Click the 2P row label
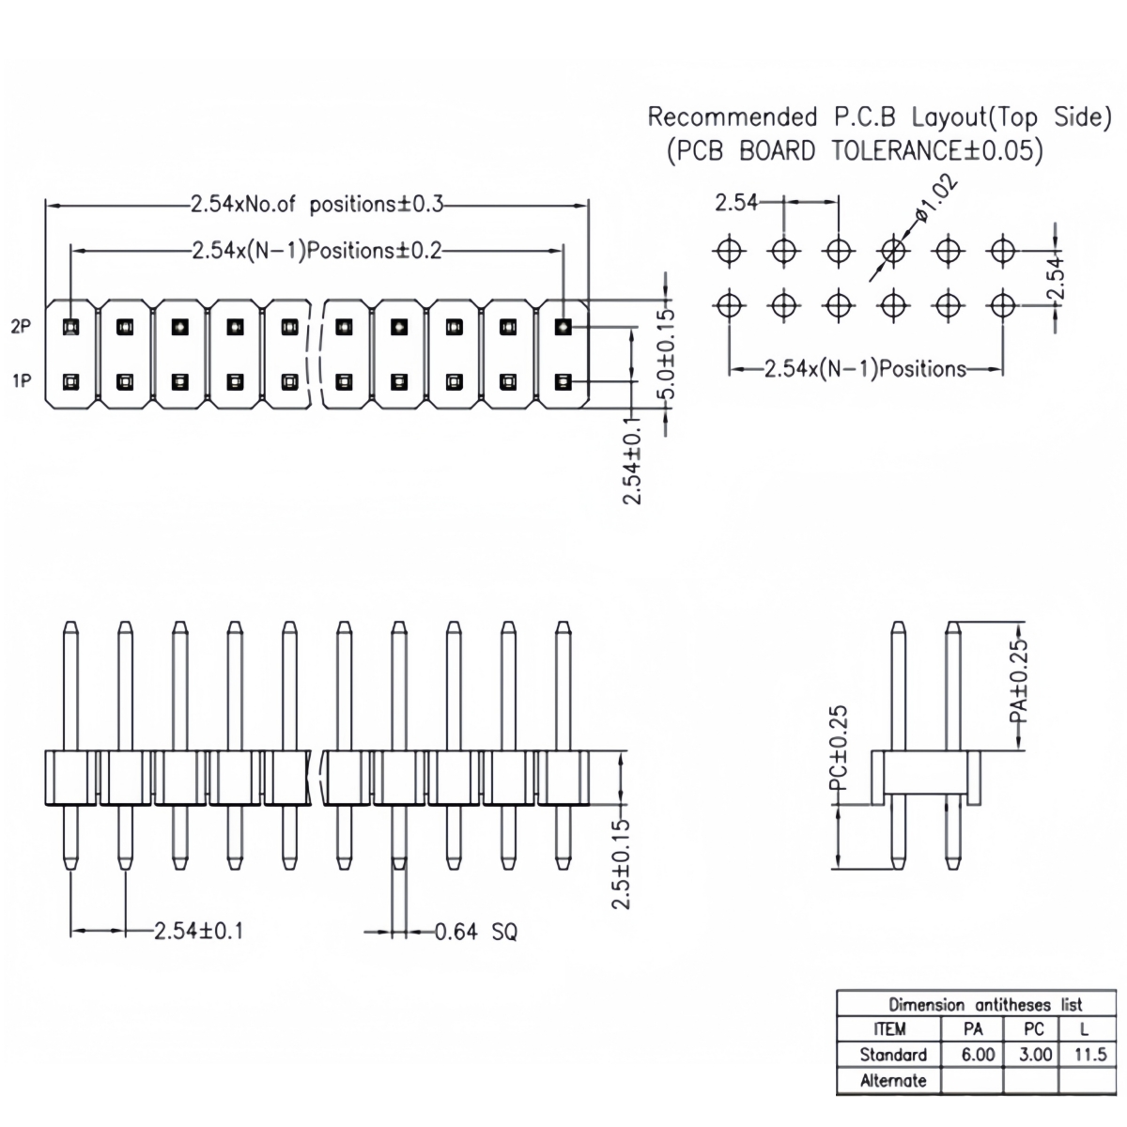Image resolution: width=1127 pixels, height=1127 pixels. tap(21, 327)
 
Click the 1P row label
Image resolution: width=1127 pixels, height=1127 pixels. tap(21, 381)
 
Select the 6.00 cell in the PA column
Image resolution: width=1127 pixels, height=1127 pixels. tap(977, 1055)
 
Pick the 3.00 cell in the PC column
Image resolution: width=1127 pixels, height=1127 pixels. tap(1035, 1055)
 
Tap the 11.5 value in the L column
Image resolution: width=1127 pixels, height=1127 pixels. tap(1089, 1055)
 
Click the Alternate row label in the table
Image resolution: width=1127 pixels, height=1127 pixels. tap(892, 1081)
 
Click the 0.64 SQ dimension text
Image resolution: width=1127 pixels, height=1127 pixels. tap(475, 932)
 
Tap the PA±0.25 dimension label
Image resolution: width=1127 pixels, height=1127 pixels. tap(1020, 681)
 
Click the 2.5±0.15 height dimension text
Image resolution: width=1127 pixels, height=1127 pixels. tap(621, 864)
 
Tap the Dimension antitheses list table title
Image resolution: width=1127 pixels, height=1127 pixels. tap(985, 1004)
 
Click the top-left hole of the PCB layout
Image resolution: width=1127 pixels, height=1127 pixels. tap(730, 251)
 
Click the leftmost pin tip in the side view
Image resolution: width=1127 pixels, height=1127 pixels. tap(69, 625)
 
